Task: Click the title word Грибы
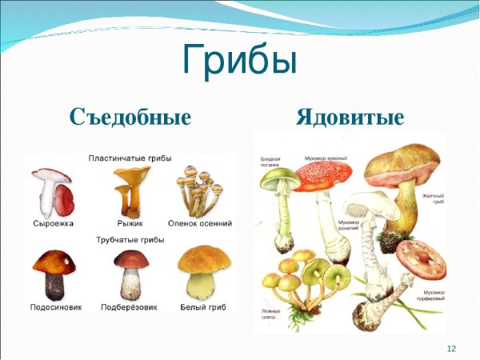tap(240, 60)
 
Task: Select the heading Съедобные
tap(130, 118)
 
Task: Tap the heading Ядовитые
tap(349, 118)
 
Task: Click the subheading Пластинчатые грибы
tap(130, 158)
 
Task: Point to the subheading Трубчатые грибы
tap(130, 240)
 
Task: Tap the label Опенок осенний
tap(200, 223)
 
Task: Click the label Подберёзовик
tap(130, 306)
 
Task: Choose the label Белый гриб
tap(201, 306)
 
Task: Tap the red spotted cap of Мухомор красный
tap(324, 174)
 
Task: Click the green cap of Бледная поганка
tap(277, 178)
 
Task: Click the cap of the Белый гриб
tap(203, 259)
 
